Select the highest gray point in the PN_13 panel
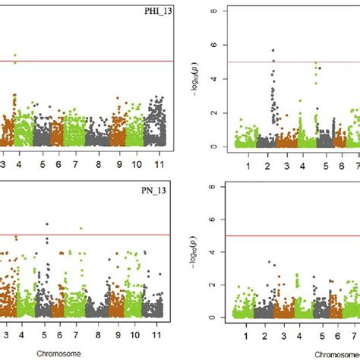pos(47,224)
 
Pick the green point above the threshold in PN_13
pos(81,228)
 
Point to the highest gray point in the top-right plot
pos(273,51)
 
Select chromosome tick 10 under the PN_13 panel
pos(135,333)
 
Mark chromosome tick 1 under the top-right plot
pos(247,166)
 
